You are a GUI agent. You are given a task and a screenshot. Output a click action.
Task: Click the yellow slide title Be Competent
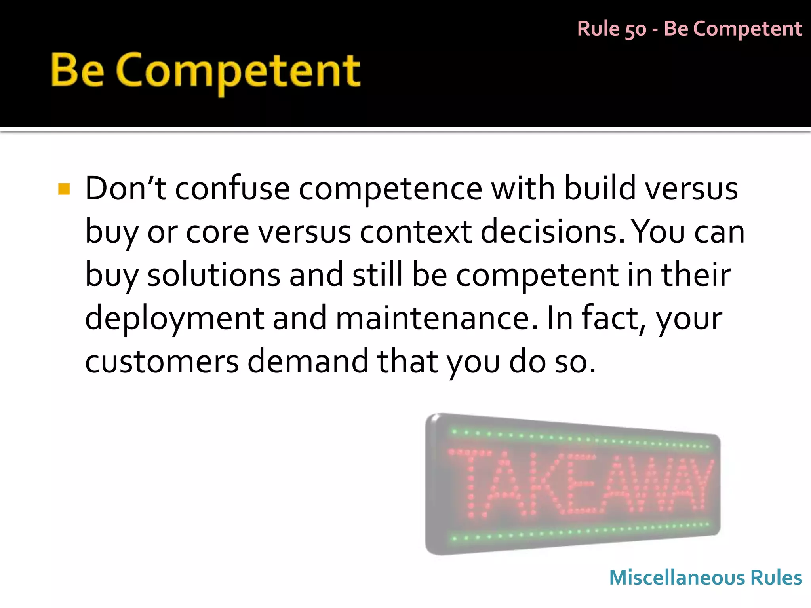(206, 71)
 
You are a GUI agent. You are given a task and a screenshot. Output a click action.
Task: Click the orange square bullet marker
(64, 189)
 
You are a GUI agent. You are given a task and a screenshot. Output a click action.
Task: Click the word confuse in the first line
(232, 188)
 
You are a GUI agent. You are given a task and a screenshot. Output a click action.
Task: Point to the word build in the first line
(599, 188)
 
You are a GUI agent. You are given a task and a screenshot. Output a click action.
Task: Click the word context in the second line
(415, 232)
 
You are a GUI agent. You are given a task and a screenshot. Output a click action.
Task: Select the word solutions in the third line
(213, 275)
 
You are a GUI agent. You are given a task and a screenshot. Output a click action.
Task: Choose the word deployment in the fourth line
(174, 319)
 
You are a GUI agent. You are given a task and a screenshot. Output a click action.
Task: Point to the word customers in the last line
(162, 361)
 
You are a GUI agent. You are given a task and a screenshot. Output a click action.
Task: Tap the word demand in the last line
(308, 361)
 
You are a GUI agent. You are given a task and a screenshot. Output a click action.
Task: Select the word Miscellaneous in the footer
(677, 578)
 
